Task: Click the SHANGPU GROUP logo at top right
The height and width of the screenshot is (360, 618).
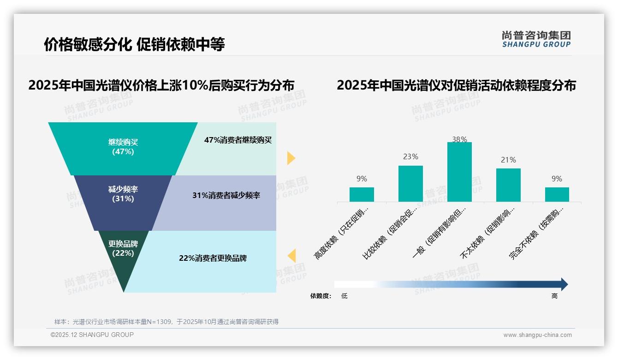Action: coord(536,39)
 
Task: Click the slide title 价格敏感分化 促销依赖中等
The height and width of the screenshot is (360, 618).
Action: coord(134,45)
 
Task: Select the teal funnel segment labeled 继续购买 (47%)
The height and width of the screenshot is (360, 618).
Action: coord(123,147)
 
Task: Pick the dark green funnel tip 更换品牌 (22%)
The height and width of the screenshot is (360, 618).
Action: coord(123,252)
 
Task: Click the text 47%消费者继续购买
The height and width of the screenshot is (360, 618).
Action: coord(238,140)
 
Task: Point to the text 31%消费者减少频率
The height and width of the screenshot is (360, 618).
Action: coord(226,196)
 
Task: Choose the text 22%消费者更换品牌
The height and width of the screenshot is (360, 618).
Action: coord(213,258)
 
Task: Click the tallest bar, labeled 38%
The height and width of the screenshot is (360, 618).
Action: coord(459,172)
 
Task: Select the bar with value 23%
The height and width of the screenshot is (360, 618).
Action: coord(410,183)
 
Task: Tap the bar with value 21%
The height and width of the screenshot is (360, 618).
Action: coord(508,185)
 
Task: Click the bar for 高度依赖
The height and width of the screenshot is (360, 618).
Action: coord(362,194)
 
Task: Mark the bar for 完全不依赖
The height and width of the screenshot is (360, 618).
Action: coord(557,194)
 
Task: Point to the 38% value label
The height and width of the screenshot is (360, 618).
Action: coord(459,139)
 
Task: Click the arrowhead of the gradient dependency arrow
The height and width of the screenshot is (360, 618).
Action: coord(564,284)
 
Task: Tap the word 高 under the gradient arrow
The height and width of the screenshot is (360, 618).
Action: coord(554,296)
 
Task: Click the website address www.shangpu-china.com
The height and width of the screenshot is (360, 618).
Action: coord(537,335)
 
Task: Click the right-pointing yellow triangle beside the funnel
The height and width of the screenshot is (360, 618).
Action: coord(291,158)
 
